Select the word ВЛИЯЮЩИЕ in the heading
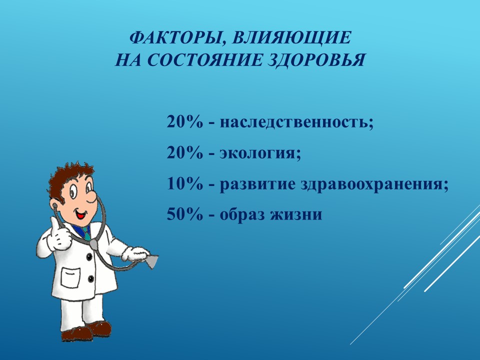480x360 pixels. (291, 38)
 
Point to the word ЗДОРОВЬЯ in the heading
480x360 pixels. (317, 59)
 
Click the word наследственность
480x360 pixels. (296, 122)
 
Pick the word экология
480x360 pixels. (260, 153)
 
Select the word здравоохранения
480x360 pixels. (374, 184)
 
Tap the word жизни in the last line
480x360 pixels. (296, 214)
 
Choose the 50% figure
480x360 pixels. (185, 214)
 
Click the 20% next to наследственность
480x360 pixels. (185, 122)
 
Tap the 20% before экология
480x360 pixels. (185, 152)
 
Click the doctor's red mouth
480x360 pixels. (81, 215)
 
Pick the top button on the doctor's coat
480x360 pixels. (89, 256)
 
